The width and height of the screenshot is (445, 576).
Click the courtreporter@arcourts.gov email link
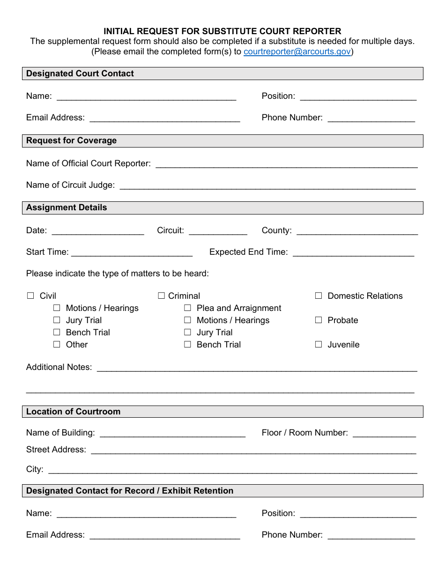pyautogui.click(x=297, y=52)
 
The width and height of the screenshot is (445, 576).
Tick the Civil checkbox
pyautogui.click(x=31, y=295)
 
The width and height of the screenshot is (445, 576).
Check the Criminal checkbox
pyautogui.click(x=162, y=295)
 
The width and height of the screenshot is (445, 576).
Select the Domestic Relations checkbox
pyautogui.click(x=319, y=295)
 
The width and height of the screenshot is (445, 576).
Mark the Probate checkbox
pyautogui.click(x=319, y=320)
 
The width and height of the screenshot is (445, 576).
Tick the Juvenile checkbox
pyautogui.click(x=319, y=344)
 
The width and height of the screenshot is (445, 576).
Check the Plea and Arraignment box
pyautogui.click(x=188, y=308)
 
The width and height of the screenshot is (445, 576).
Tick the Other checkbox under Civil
pyautogui.click(x=57, y=344)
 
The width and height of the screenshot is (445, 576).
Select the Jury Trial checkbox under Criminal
pyautogui.click(x=188, y=332)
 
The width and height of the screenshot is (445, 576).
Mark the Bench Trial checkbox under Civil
pyautogui.click(x=57, y=332)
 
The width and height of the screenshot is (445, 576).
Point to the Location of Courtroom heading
pyautogui.click(x=73, y=412)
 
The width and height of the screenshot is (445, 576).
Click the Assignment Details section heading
pyautogui.click(x=67, y=207)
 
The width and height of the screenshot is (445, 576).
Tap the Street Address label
pyautogui.click(x=56, y=450)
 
